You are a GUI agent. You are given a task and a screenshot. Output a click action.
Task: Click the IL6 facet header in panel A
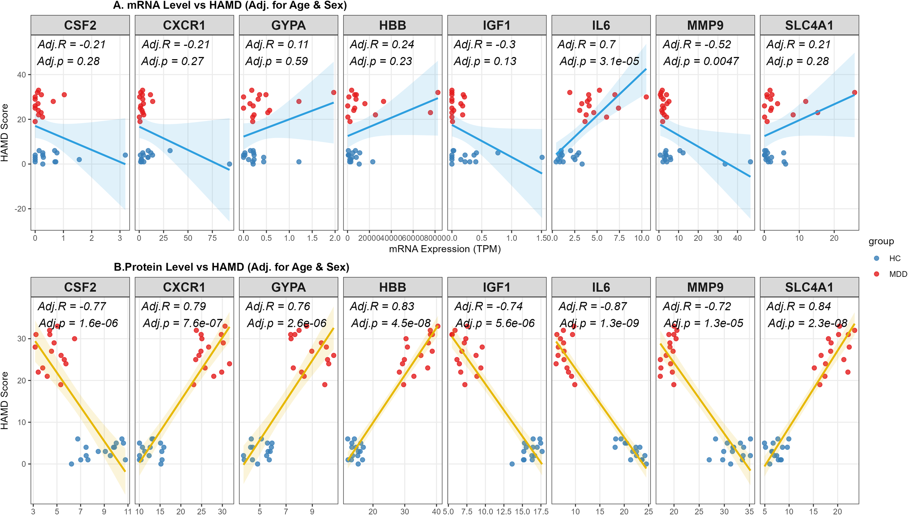tap(601, 25)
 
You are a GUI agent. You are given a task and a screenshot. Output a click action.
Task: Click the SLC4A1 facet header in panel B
tap(809, 287)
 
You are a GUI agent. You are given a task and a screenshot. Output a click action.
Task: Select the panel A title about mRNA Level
tap(230, 5)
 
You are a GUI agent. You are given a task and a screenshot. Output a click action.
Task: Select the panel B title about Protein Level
tap(231, 267)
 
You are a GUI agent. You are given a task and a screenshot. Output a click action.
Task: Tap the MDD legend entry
tap(897, 274)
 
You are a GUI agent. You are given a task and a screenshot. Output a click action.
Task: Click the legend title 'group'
tap(881, 241)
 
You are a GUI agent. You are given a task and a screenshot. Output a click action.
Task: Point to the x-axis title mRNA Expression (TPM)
tap(445, 249)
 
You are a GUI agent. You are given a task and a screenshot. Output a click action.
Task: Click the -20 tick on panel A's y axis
tap(20, 209)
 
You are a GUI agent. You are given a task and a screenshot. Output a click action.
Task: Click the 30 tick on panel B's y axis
tap(22, 338)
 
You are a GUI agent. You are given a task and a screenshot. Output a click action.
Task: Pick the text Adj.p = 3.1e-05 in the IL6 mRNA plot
tap(599, 61)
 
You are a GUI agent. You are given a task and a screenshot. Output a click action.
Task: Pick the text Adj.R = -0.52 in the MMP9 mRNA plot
tap(697, 44)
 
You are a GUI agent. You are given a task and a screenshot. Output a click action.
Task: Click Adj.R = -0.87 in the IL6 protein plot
tap(593, 306)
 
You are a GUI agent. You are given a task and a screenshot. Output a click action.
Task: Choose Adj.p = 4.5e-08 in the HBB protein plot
tap(391, 323)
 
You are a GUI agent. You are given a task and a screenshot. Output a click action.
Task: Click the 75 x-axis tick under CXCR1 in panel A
tap(212, 238)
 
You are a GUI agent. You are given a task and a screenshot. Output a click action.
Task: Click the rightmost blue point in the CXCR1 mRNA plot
tap(229, 164)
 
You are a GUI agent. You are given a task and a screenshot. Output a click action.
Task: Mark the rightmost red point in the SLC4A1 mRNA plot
tap(855, 93)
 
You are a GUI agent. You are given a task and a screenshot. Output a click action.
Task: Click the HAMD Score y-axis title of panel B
tap(4, 400)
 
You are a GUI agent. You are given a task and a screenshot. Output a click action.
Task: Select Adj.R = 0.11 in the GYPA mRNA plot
tap(277, 44)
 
